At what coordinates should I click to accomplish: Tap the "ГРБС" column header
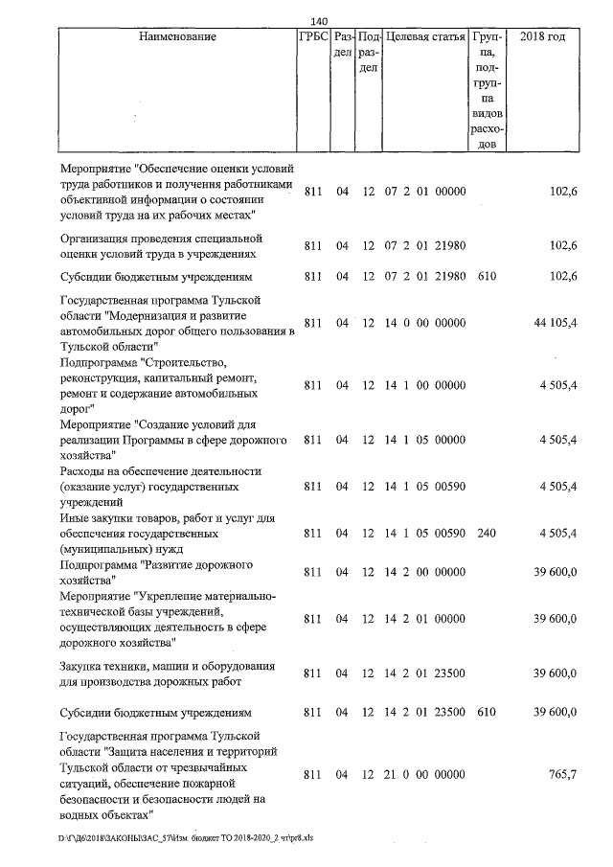click(x=313, y=37)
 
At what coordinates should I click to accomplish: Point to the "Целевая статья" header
click(x=424, y=37)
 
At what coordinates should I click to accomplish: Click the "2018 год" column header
click(x=542, y=37)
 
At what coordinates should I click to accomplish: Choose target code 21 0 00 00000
click(x=424, y=774)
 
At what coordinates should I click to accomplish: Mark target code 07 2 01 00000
click(x=424, y=192)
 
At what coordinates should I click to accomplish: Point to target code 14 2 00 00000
click(x=424, y=572)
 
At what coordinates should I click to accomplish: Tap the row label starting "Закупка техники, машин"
click(x=168, y=673)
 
